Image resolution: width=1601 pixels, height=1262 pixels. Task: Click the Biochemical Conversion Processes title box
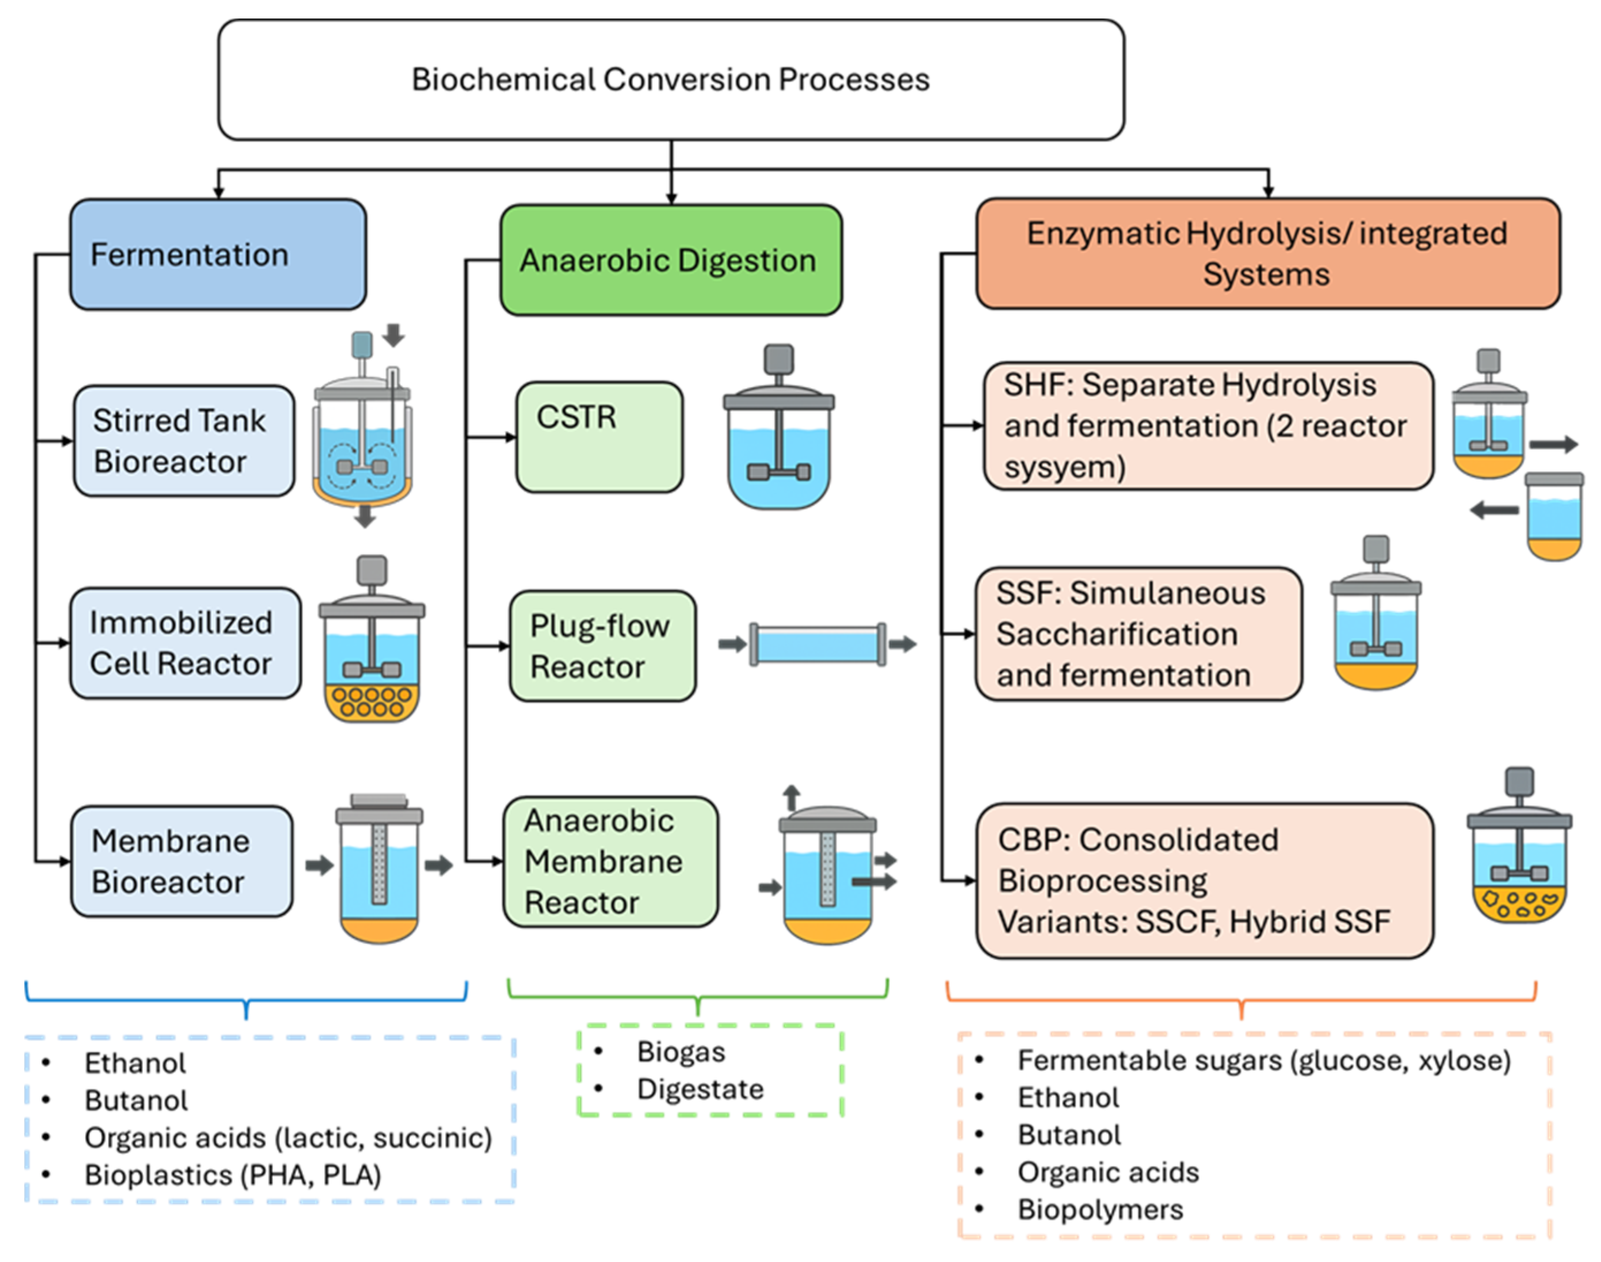[x=671, y=80]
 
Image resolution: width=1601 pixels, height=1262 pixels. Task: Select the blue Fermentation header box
[x=218, y=254]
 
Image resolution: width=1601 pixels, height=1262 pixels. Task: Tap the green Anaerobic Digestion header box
[x=671, y=260]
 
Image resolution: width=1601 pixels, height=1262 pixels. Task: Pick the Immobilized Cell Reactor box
[x=185, y=643]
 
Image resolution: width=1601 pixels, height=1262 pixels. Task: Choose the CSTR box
[x=599, y=437]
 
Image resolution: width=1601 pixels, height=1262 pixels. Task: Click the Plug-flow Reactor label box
[x=602, y=646]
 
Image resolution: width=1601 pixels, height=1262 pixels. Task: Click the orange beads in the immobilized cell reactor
[x=372, y=702]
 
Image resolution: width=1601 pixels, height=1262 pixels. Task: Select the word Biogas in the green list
[x=681, y=1051]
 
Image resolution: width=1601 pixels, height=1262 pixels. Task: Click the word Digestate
[x=700, y=1089]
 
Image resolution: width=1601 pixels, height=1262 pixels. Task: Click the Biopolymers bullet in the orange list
[x=1101, y=1210]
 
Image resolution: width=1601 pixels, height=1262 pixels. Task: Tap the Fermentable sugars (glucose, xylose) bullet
[x=1263, y=1060]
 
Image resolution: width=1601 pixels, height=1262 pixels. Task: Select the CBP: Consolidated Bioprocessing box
[x=1203, y=880]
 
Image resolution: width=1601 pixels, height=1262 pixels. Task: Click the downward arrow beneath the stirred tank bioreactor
[x=365, y=516]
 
